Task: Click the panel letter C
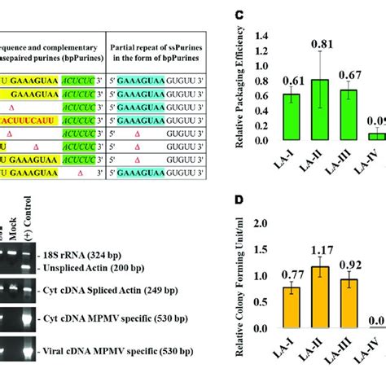point(261,15)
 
